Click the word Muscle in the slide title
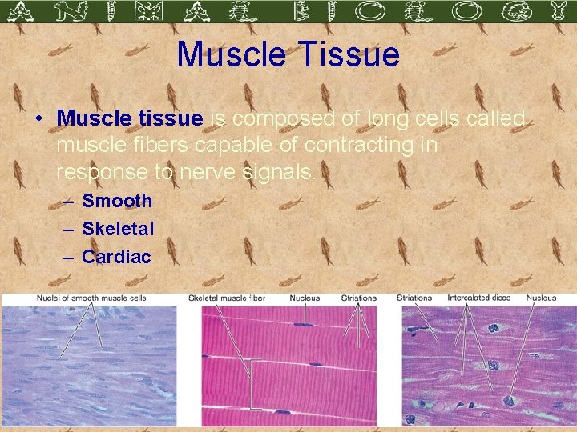click(x=229, y=54)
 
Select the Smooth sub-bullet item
click(x=117, y=201)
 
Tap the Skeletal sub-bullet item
click(x=118, y=229)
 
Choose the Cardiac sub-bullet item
click(x=116, y=257)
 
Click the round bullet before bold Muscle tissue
click(x=38, y=119)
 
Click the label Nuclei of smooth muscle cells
click(x=91, y=298)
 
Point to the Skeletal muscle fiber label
click(x=227, y=298)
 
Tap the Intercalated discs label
click(x=478, y=298)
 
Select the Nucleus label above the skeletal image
click(x=305, y=298)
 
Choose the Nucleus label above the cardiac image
click(x=541, y=298)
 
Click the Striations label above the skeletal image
click(x=358, y=298)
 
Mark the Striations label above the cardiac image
click(x=414, y=298)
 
